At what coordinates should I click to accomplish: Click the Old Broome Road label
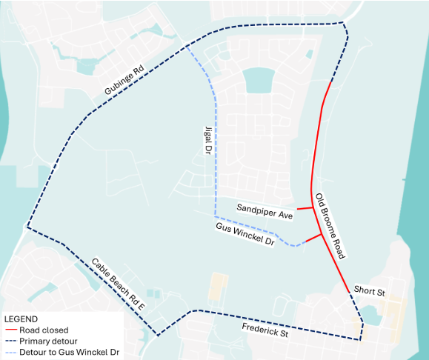[x=330, y=226]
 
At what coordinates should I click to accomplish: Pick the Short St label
[x=369, y=291]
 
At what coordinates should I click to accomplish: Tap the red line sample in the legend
[x=11, y=330]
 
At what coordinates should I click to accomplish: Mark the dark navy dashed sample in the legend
[x=11, y=341]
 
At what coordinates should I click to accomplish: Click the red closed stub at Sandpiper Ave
[x=304, y=209]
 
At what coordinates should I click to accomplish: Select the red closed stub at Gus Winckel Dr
[x=313, y=239]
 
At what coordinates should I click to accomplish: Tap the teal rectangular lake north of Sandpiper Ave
[x=257, y=80]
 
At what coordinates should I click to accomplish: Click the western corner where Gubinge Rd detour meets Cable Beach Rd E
[x=27, y=227]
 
